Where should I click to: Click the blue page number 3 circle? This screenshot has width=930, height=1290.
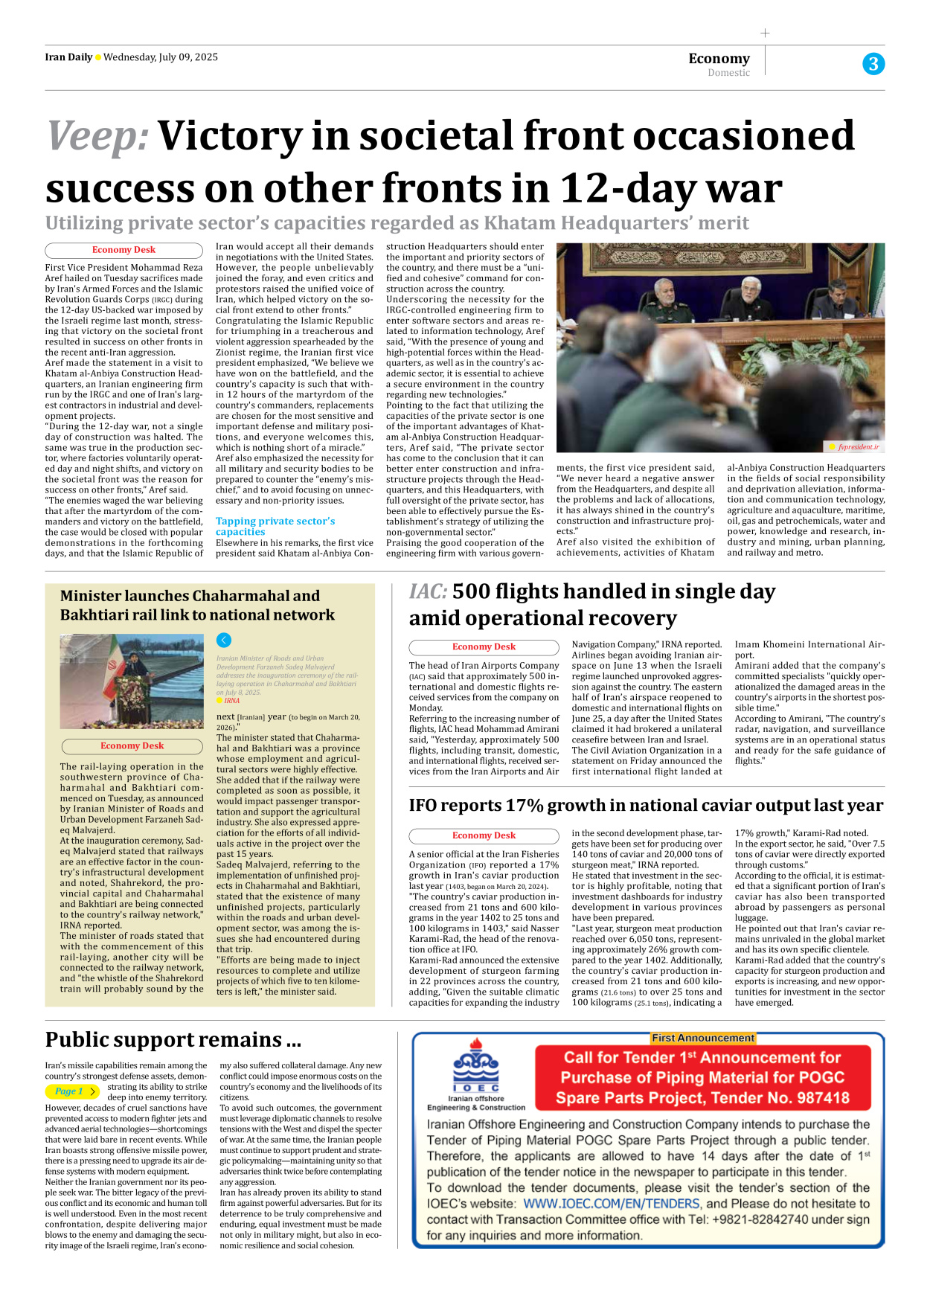click(873, 64)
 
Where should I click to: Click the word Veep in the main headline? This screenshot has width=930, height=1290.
click(97, 136)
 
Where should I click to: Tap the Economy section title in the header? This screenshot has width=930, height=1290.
click(719, 58)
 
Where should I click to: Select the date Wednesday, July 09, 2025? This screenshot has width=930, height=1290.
click(161, 57)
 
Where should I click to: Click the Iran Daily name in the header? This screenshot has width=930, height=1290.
click(68, 57)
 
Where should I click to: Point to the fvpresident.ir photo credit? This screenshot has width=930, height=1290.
click(858, 447)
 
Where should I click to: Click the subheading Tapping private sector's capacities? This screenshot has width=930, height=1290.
click(275, 526)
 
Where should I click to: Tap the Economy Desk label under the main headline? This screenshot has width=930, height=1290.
click(124, 250)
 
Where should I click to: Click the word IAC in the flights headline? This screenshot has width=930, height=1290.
click(428, 591)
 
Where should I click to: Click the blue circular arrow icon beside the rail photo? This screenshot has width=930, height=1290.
click(224, 640)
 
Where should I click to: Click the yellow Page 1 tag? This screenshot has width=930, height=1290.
click(72, 1091)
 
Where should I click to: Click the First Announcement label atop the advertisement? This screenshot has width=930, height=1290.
click(703, 1038)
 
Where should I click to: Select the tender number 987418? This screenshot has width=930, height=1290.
click(814, 1098)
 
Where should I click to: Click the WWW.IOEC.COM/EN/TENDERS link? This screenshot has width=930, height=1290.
click(612, 1203)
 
